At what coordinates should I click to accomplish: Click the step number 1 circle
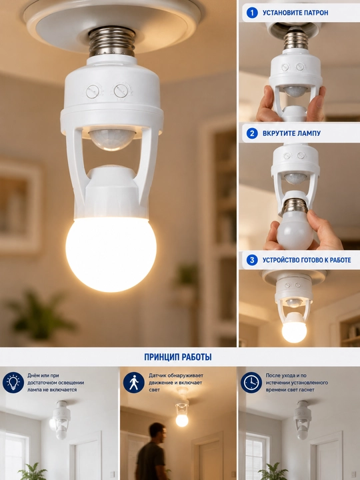(x=252, y=13)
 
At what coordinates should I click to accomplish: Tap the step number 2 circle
(x=252, y=133)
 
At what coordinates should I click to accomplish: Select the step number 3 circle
(x=252, y=260)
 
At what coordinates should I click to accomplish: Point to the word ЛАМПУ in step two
(x=308, y=133)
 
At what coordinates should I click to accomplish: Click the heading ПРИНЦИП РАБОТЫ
(x=178, y=357)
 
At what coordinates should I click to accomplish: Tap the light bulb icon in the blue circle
(x=13, y=383)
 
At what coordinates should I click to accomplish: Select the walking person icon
(x=134, y=383)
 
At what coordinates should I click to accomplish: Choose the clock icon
(x=251, y=383)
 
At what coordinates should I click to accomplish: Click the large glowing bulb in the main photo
(x=111, y=254)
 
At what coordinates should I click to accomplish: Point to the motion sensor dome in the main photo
(x=112, y=139)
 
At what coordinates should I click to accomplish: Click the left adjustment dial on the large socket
(x=93, y=91)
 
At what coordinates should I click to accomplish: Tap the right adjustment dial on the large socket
(x=121, y=91)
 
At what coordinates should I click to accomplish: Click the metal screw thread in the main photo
(x=112, y=41)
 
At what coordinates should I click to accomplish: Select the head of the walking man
(x=158, y=432)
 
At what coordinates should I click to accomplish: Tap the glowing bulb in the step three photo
(x=294, y=332)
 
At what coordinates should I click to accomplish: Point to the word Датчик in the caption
(x=157, y=375)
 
